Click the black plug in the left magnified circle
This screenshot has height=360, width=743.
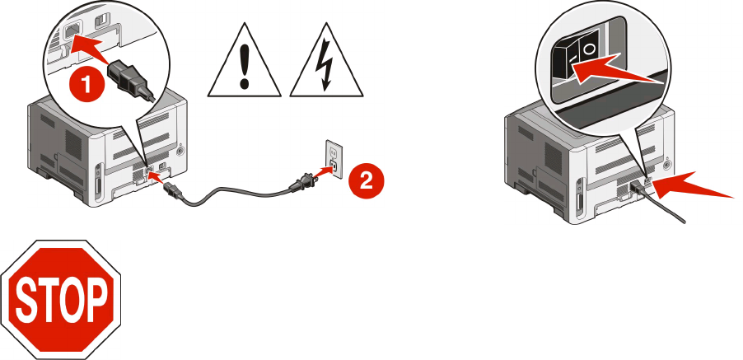tap(131, 78)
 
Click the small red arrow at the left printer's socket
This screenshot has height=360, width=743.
tap(157, 175)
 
